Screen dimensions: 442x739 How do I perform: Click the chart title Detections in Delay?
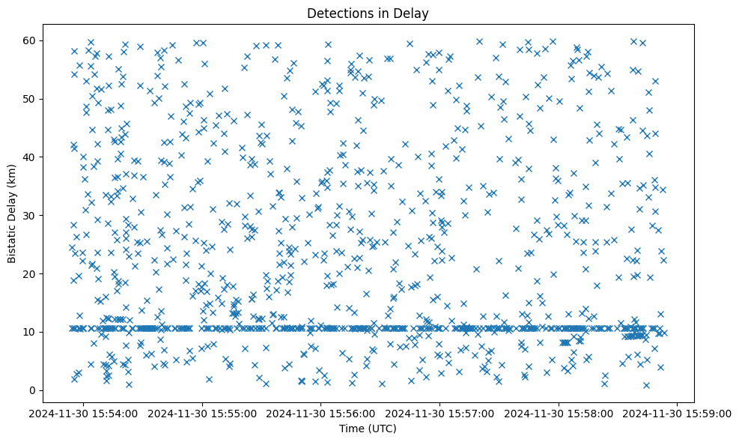368,13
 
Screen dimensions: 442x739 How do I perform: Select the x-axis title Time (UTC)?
368,429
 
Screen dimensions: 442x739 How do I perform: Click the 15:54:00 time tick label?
84,413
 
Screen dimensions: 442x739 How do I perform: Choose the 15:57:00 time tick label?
440,413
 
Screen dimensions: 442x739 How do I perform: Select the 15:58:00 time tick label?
559,413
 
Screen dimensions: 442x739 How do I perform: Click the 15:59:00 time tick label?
678,413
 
